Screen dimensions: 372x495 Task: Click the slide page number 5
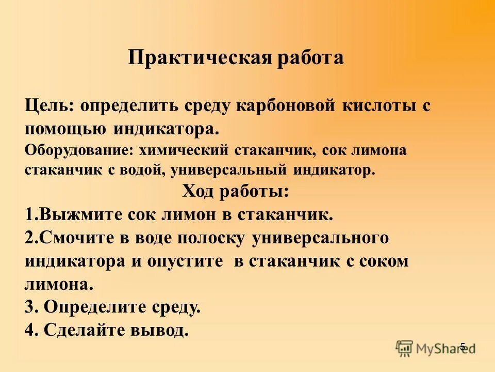pyautogui.click(x=463, y=347)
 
